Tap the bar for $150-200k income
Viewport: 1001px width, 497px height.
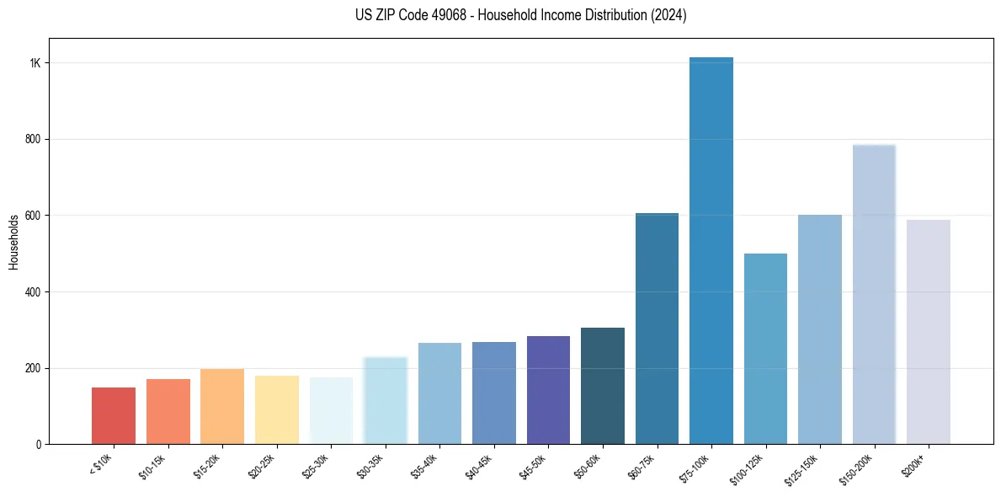(x=874, y=295)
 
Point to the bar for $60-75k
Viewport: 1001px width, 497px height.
(x=657, y=329)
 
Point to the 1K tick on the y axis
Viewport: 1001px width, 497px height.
(x=35, y=63)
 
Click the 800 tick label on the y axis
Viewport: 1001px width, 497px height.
(x=33, y=140)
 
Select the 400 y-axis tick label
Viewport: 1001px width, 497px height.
(x=33, y=292)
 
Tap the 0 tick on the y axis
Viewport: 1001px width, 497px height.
(x=39, y=445)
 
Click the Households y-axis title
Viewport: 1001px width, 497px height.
(x=13, y=242)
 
